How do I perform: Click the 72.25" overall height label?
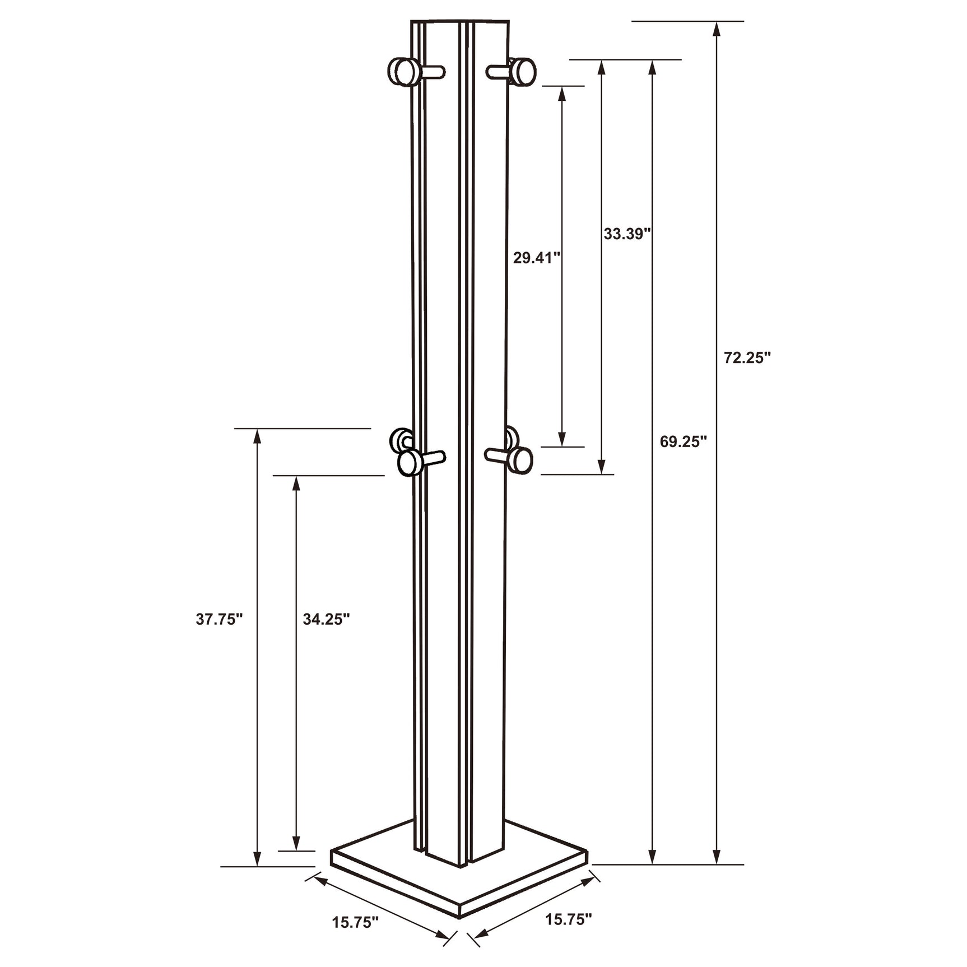[x=747, y=358]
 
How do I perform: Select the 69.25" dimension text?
[x=683, y=441]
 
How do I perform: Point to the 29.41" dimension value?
[x=537, y=258]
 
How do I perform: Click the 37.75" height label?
[x=219, y=619]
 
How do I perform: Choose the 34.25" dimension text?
[x=326, y=619]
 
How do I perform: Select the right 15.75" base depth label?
[x=569, y=919]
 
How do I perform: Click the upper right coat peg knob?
[x=524, y=71]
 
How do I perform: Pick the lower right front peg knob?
[x=522, y=459]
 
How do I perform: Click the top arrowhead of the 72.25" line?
[x=717, y=28]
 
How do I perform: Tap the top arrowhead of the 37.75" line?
[x=257, y=436]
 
